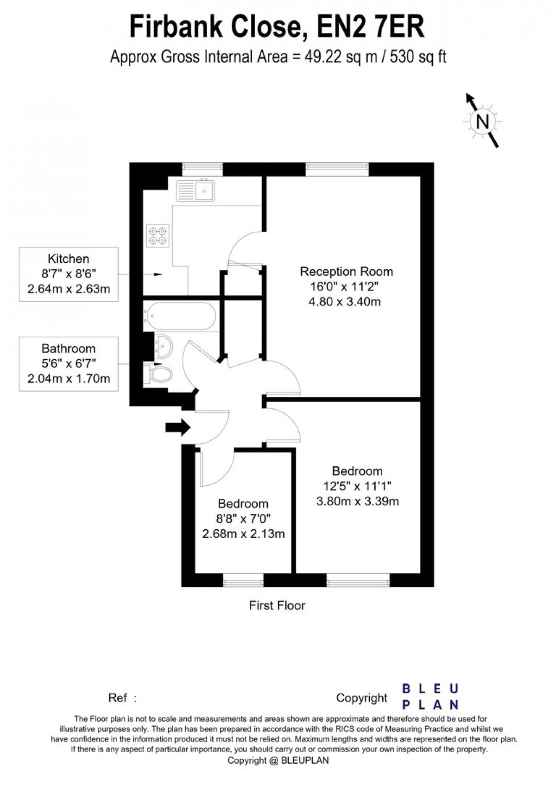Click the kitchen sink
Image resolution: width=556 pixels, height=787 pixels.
[x=195, y=190]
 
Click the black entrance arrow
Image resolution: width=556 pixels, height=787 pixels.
[x=178, y=427]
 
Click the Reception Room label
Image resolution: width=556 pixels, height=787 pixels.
[x=346, y=272]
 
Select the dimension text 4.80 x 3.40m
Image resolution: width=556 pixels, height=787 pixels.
[x=345, y=301]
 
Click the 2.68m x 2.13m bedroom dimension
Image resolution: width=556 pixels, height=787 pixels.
[x=243, y=534]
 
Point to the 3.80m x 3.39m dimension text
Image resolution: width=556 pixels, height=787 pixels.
[x=358, y=501]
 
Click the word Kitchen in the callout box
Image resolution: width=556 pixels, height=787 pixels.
[x=69, y=259]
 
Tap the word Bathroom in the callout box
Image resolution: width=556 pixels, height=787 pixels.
[x=69, y=349]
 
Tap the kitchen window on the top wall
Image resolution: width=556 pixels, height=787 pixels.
[x=202, y=169]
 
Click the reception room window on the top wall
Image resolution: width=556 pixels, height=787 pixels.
[x=337, y=169]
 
